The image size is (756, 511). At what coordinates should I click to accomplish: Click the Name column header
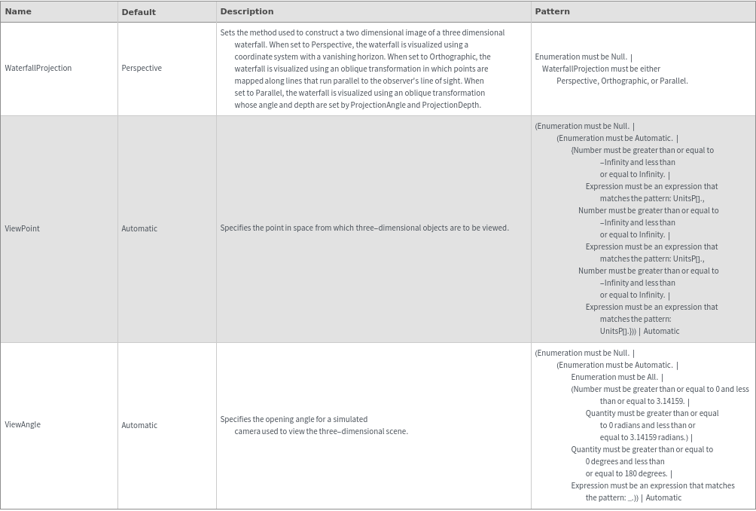tap(18, 11)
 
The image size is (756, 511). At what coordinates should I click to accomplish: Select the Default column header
tap(139, 12)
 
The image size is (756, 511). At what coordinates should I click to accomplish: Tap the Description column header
tap(247, 11)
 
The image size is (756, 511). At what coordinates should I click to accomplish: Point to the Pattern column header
tap(552, 11)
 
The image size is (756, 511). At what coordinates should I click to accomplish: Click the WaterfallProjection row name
tap(38, 68)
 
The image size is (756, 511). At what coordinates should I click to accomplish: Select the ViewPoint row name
tap(23, 228)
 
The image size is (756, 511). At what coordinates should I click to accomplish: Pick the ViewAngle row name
tap(23, 425)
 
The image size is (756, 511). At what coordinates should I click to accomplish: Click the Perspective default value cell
tap(142, 68)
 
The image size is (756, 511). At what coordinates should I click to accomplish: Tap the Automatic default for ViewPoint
tap(139, 228)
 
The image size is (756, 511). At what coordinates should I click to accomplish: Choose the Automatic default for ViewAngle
tap(139, 425)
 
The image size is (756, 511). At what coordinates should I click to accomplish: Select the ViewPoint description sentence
tap(364, 228)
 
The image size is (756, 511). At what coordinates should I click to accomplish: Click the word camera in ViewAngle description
tap(247, 431)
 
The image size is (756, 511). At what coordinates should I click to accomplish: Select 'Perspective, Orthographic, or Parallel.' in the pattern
tap(622, 81)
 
